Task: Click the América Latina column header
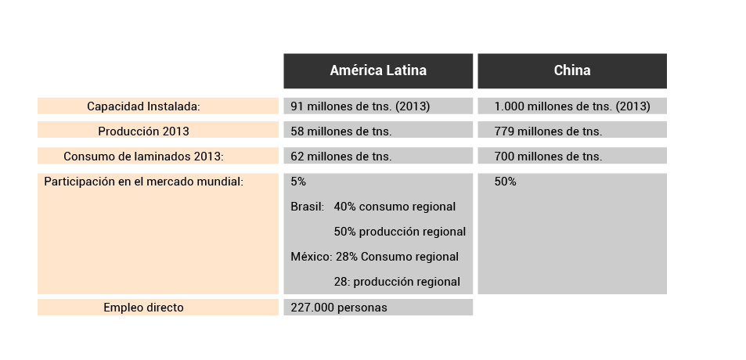(378, 70)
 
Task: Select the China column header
(572, 70)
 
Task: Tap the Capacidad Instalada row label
(143, 106)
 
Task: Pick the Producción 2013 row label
(143, 131)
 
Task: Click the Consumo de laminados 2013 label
(143, 157)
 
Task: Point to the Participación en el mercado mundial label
(143, 182)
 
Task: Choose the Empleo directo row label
(143, 308)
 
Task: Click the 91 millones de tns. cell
(360, 106)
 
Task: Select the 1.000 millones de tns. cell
(572, 106)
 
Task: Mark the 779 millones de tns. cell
(548, 131)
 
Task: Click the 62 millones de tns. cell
(341, 157)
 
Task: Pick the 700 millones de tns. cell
(548, 157)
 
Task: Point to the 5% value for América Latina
(298, 182)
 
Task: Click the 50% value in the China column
(505, 182)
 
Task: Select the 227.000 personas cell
(339, 308)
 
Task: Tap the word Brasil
(307, 207)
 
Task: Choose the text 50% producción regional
(399, 232)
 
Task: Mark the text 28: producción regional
(397, 282)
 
